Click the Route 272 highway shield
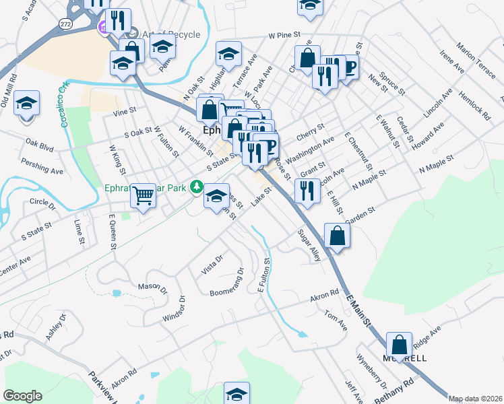tap(65, 23)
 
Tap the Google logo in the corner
tap(22, 396)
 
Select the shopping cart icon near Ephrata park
tap(143, 195)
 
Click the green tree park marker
tap(197, 185)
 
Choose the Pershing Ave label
tap(41, 166)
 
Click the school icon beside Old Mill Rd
tap(26, 103)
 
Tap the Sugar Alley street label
tap(309, 246)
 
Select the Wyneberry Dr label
tap(371, 370)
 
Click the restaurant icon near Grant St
tap(307, 191)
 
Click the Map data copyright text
tap(474, 399)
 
